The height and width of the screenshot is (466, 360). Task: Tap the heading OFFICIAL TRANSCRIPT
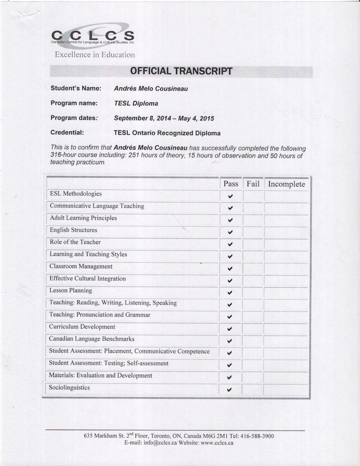181,71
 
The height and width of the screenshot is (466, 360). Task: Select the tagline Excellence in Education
95,55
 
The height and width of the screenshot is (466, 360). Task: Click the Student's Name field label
75,88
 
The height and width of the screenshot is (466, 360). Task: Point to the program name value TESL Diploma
136,103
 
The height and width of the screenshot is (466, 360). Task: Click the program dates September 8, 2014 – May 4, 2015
164,118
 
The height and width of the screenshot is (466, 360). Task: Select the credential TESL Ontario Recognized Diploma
167,133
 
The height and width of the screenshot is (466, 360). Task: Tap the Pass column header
231,184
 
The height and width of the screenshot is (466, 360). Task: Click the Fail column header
253,184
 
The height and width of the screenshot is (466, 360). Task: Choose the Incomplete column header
286,184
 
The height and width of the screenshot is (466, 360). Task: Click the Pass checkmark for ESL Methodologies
230,197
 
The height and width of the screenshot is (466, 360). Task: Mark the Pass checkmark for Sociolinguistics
230,390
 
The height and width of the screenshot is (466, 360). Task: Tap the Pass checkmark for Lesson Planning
230,293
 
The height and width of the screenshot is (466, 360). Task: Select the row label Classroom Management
81,267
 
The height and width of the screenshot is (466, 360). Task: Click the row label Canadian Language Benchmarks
91,339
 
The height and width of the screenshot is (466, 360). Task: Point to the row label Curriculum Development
82,327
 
